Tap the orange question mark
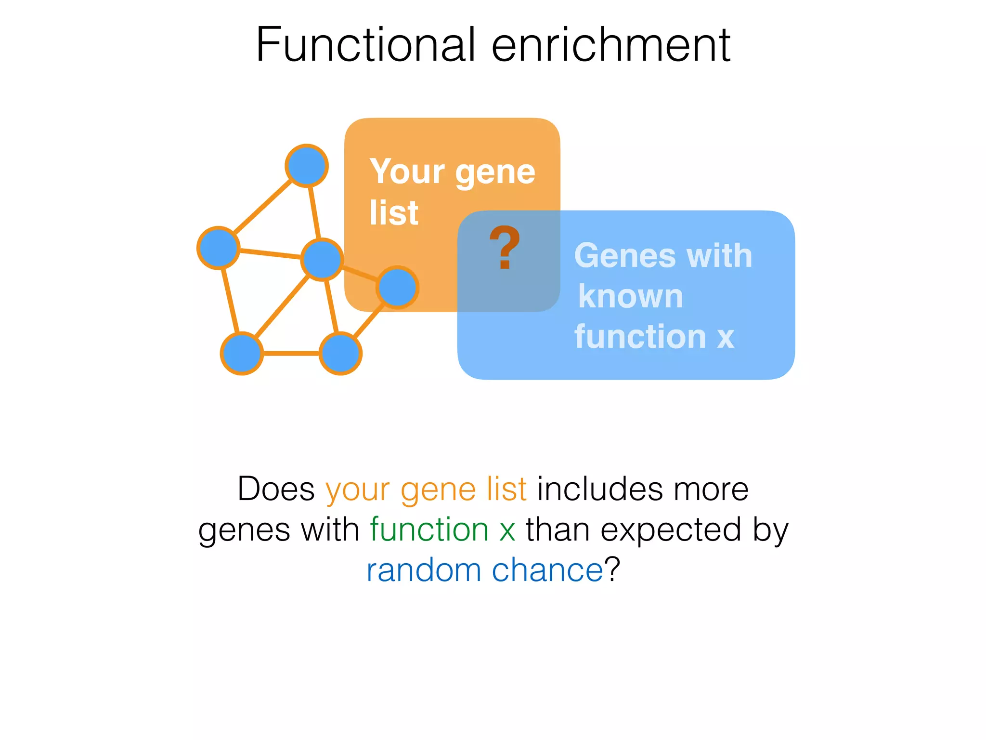[504, 247]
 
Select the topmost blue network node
[307, 166]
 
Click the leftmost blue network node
[219, 247]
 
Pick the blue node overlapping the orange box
[397, 288]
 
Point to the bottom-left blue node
[242, 353]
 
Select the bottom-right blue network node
[340, 353]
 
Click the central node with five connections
[322, 259]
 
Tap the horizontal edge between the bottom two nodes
[291, 353]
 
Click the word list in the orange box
[394, 212]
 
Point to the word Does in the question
[276, 489]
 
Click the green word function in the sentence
[429, 529]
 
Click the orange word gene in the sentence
[438, 490]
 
